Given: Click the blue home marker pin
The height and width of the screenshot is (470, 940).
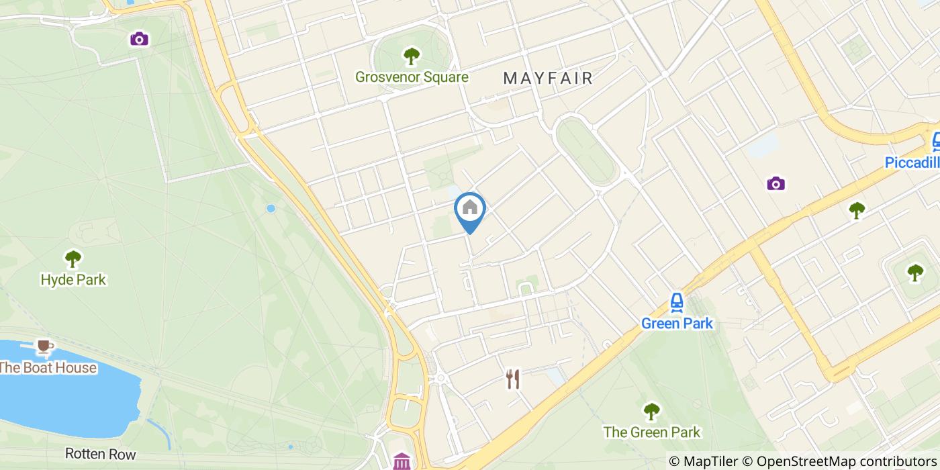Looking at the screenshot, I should pos(470,209).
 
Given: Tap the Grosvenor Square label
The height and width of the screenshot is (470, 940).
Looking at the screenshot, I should pos(412,77).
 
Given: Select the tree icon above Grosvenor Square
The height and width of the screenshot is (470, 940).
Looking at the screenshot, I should pos(411,56).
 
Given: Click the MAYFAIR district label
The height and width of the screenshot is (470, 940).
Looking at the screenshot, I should pos(549,79).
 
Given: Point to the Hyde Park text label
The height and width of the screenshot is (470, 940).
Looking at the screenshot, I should pos(73,279).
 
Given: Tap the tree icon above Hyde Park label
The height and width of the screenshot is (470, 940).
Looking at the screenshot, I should pos(73,258).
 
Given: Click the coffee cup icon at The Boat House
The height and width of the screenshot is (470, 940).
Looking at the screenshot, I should pos(44,346).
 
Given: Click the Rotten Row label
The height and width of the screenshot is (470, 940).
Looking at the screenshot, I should pos(101,455).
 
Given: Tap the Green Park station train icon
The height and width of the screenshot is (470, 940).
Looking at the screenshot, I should pos(677,303).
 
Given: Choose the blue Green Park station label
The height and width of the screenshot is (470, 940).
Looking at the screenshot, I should pos(677,324).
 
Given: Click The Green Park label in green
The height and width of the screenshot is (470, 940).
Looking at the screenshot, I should pos(651,432).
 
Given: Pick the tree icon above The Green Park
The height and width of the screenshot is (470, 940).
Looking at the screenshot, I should pos(651,410).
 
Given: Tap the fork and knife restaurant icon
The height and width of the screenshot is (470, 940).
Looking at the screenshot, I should pos(513,379).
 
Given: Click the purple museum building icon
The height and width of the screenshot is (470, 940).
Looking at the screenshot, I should pos(402,461).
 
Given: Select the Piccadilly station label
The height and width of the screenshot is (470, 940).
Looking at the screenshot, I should pos(912,163).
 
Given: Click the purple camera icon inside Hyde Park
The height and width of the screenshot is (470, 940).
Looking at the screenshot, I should pos(139,38).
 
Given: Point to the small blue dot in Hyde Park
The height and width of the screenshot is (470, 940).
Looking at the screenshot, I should pos(271,209).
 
